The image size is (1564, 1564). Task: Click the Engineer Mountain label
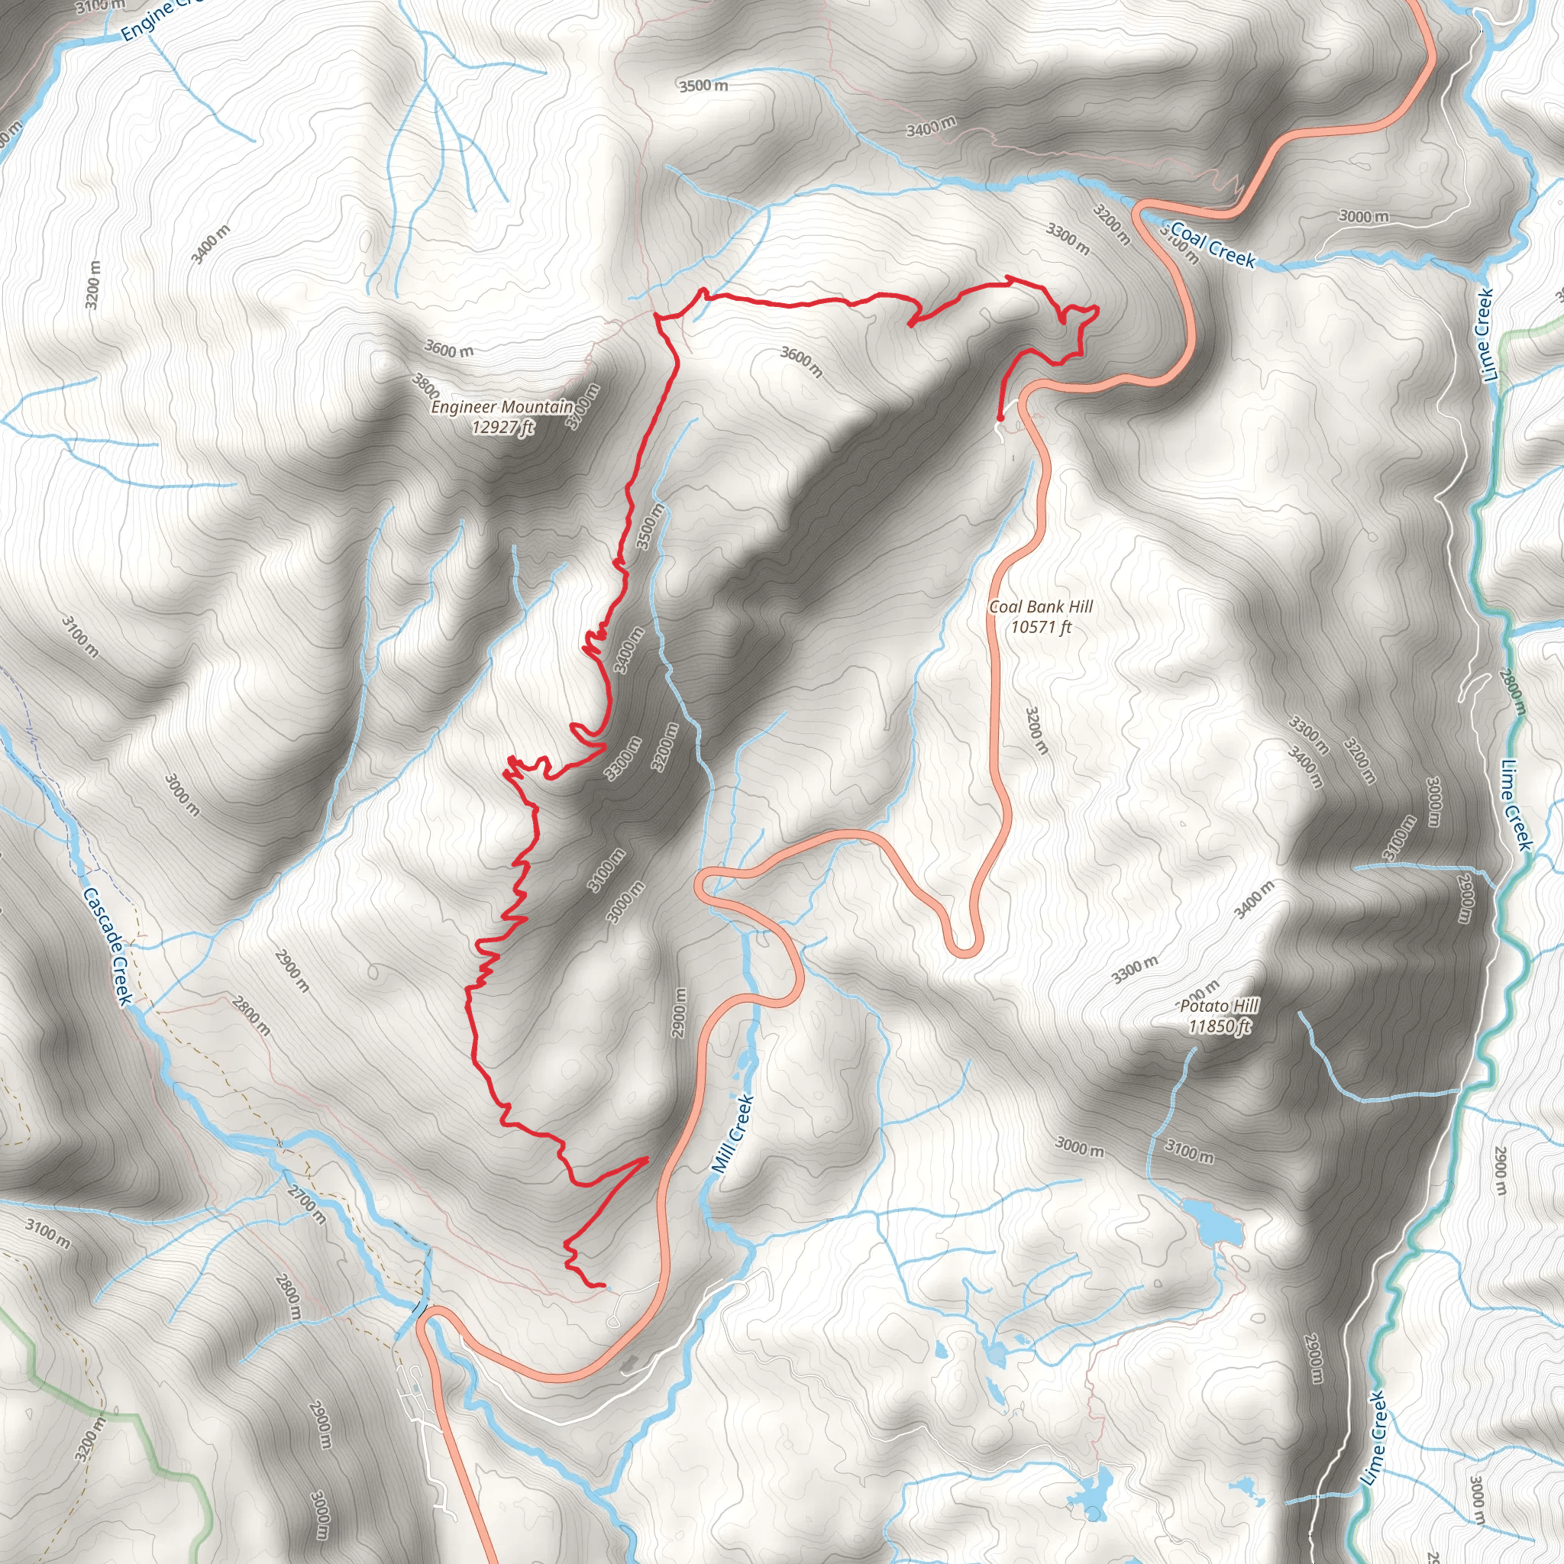pos(502,407)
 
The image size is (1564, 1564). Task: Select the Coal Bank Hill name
pos(1041,607)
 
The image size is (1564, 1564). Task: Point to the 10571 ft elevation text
pos(1041,626)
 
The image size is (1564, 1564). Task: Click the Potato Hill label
pos(1219,1007)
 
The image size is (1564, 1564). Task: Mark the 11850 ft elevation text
pos(1219,1026)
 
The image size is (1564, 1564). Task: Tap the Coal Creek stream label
pos(1213,245)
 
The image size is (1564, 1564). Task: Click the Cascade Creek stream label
pos(108,945)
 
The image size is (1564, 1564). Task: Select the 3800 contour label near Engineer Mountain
pos(426,386)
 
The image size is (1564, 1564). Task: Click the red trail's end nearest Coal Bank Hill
pos(1000,418)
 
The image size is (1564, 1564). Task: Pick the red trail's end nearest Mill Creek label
pos(603,1285)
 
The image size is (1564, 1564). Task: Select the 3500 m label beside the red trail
pos(650,526)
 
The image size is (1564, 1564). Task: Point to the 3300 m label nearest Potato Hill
pos(1134,970)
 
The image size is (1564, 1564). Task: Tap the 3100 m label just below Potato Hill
pos(1189,1151)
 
